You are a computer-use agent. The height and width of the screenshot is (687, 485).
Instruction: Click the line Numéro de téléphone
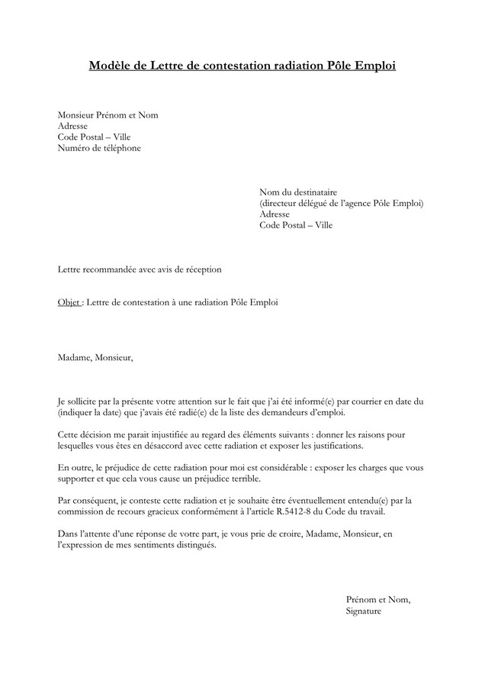coord(99,148)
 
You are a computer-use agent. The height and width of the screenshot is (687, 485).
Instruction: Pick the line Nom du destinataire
coord(298,192)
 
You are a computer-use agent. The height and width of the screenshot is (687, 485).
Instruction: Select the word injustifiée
coord(170,434)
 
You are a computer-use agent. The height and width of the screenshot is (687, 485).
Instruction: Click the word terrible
coord(239,479)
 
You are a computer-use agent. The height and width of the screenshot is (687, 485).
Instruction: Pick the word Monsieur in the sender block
coord(77,115)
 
